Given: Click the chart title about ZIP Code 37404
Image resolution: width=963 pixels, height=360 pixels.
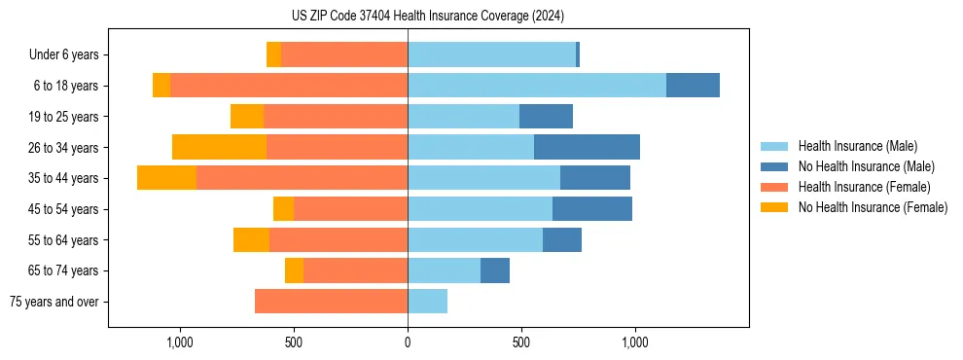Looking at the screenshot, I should click(x=427, y=16).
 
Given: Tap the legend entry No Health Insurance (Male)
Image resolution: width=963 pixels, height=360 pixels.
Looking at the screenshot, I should click(x=866, y=166).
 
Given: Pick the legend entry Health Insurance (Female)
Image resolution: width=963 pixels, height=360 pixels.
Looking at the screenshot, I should click(x=864, y=187).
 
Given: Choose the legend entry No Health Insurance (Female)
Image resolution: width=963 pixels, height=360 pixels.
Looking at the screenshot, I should click(x=873, y=207).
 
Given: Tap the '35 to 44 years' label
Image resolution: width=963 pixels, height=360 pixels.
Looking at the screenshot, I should click(x=63, y=178).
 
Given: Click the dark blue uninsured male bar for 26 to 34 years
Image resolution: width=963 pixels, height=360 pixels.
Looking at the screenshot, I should click(x=587, y=147).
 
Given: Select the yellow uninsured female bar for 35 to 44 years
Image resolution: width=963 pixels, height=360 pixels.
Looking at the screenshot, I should click(x=166, y=178).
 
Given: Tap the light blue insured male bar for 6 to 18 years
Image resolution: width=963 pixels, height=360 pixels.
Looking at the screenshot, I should click(x=537, y=86).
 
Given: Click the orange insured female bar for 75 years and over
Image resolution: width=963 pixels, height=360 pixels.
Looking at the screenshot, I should click(x=331, y=302).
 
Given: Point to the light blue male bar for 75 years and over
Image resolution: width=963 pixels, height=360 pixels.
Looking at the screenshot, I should click(x=427, y=302).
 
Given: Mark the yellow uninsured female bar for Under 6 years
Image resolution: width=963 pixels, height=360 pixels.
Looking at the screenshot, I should click(x=273, y=55).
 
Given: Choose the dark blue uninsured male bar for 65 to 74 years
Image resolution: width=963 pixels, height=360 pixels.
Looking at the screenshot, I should click(x=494, y=270).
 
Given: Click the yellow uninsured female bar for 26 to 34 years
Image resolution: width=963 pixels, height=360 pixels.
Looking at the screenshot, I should click(x=219, y=147).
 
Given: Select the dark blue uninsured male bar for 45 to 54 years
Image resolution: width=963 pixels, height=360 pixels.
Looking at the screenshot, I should click(x=591, y=209).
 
